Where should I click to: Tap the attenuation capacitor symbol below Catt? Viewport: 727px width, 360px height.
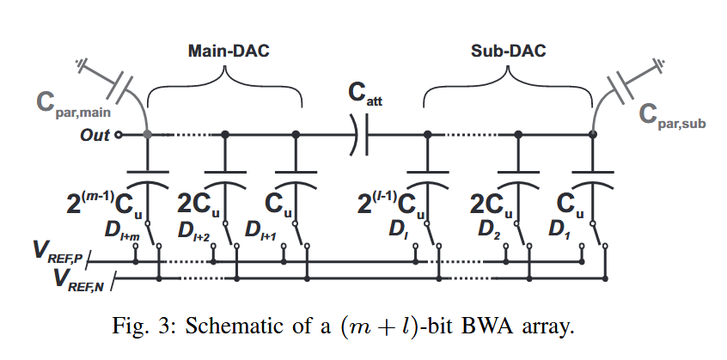[x=360, y=135]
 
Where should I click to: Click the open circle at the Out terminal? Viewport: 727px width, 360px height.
[x=119, y=135]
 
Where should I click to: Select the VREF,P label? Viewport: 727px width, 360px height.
[x=59, y=253]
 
